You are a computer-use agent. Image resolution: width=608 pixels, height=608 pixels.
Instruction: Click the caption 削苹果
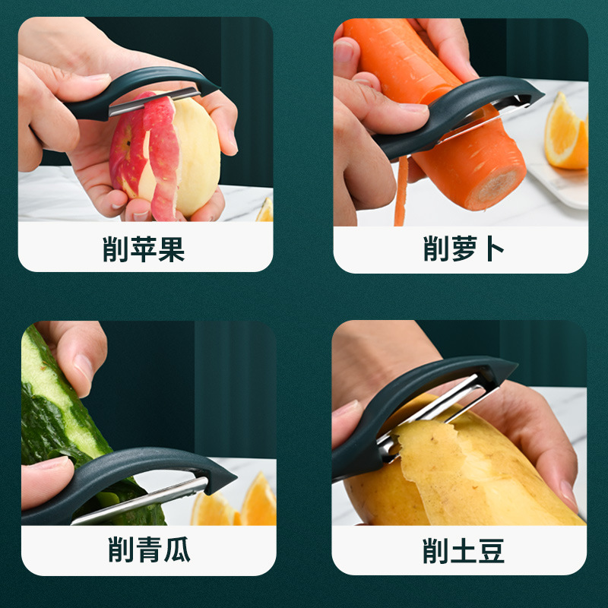[144, 249]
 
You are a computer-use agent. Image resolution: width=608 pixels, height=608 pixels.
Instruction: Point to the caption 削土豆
[463, 549]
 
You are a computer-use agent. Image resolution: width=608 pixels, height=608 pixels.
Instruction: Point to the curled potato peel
[441, 471]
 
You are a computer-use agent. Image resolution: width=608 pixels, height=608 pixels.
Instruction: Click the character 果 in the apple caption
[171, 249]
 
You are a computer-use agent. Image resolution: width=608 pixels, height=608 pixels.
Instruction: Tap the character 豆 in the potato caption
[490, 549]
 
